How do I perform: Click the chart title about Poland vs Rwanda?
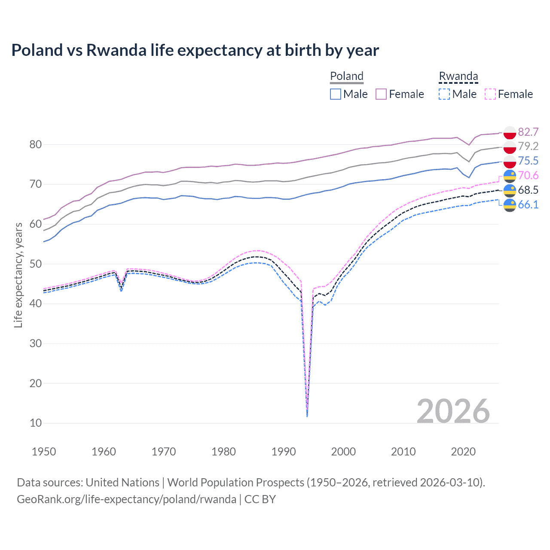(195, 50)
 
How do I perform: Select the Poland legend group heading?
(346, 76)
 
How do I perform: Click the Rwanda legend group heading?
(458, 76)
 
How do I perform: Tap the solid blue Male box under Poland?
(336, 94)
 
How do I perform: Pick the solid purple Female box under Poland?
(381, 94)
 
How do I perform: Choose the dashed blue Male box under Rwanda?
(444, 94)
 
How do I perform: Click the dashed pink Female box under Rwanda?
(490, 94)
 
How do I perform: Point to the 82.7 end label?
(528, 132)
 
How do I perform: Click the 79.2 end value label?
(528, 147)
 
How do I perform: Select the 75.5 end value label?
(528, 161)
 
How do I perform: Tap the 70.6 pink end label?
(528, 176)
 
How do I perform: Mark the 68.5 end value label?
(528, 190)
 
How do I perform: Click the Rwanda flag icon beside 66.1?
(510, 205)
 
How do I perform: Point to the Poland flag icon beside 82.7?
(510, 132)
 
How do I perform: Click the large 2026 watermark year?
(453, 411)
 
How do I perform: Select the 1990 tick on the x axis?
(284, 452)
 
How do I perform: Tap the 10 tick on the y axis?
(36, 423)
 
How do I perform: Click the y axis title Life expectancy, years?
(18, 275)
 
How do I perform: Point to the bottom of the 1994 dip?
(307, 416)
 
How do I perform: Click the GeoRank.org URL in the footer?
(126, 499)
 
